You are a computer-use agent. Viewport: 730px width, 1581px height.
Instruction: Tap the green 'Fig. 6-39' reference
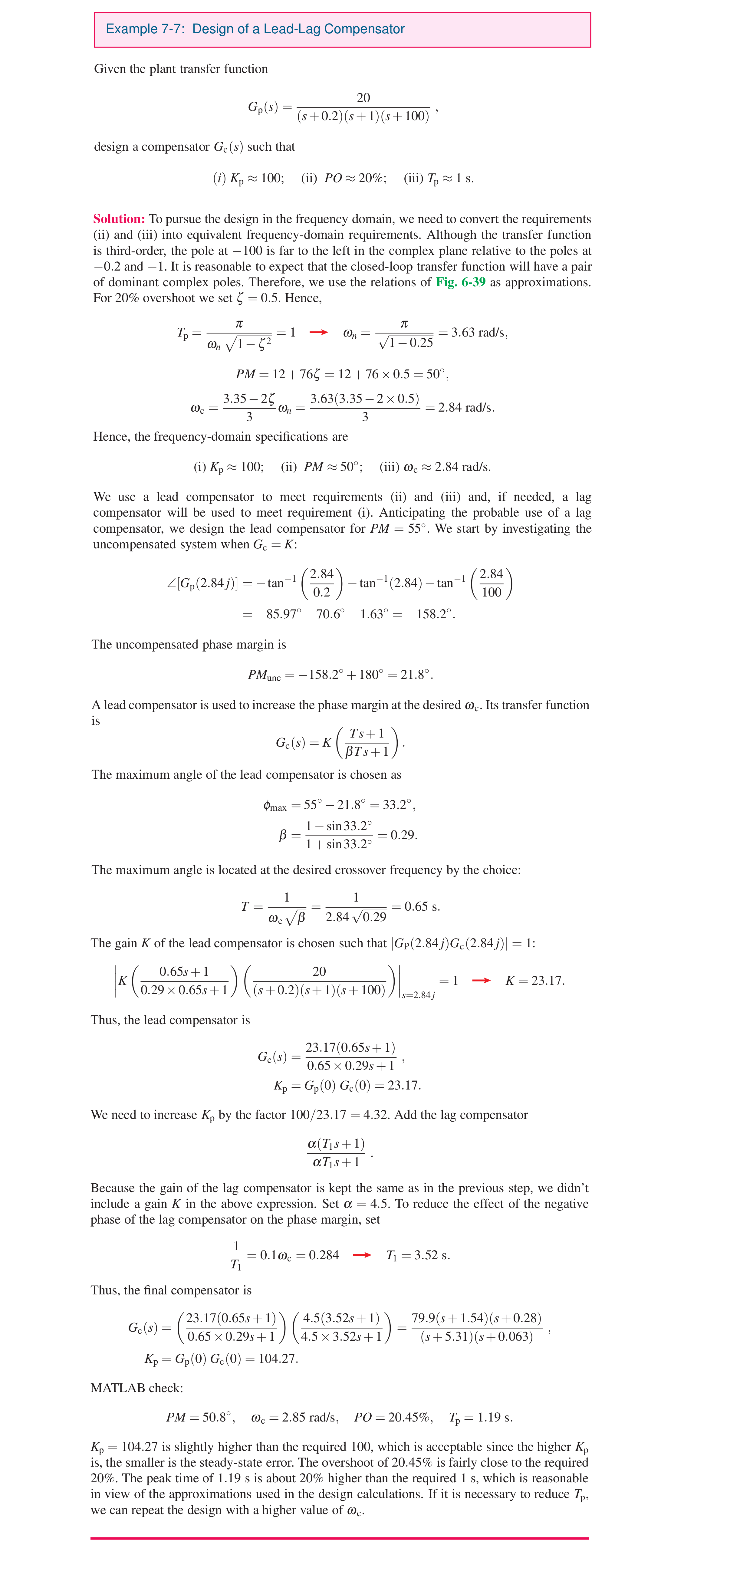point(460,282)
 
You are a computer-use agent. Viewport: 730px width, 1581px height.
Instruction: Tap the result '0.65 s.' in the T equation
point(422,906)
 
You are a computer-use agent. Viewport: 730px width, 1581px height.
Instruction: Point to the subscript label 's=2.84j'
point(418,995)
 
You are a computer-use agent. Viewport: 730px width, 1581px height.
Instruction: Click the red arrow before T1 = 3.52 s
point(362,1255)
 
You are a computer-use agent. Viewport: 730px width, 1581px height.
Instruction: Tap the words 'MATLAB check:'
point(136,1388)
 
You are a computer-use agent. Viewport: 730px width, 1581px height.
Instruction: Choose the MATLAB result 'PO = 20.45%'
point(393,1417)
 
